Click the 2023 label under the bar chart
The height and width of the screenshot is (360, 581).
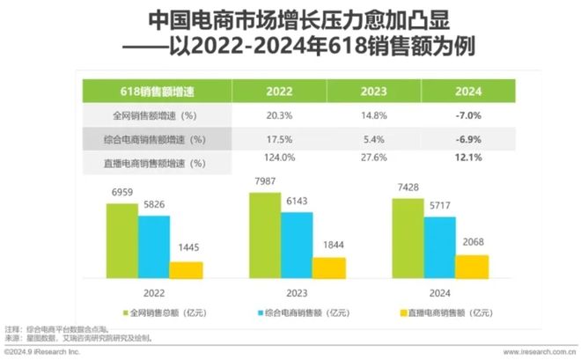click(x=296, y=292)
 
